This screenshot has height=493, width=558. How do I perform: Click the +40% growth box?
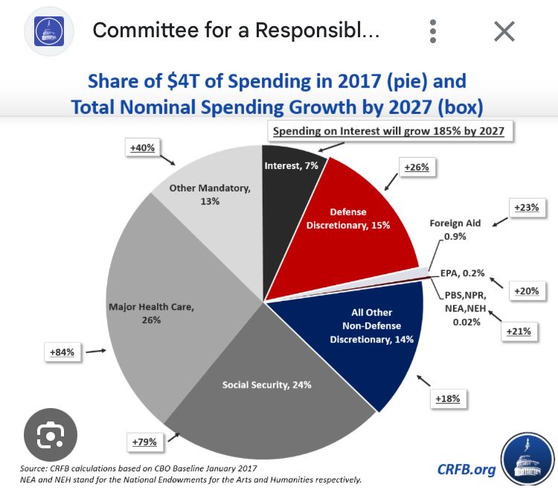[141, 148]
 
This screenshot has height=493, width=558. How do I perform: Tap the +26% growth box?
[416, 168]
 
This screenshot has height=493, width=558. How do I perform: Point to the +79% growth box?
[144, 442]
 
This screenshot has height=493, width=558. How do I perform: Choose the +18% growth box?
[448, 398]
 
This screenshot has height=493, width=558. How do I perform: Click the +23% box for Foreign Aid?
[526, 209]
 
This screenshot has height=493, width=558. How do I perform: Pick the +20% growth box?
[527, 290]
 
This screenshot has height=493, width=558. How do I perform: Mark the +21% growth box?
[518, 331]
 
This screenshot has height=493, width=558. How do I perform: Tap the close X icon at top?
[504, 31]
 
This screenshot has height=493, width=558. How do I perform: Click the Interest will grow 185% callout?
[388, 132]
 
